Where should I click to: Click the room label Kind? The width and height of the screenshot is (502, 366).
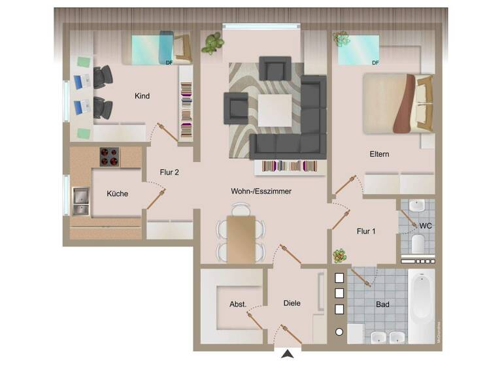pos(142,96)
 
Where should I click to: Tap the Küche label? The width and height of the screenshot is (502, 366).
pos(118,193)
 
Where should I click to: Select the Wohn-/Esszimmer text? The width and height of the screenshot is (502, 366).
pos(261,191)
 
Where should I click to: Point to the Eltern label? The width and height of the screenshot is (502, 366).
pos(379,154)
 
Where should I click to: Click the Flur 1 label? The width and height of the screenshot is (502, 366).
pos(367,231)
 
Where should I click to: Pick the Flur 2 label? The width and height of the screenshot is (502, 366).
pos(169,173)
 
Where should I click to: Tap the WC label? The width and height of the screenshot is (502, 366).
pos(425,225)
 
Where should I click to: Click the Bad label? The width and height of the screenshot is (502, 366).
pos(382,305)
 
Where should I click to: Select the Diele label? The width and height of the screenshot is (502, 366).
pos(292,303)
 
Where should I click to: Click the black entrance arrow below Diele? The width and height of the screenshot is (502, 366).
pos(286,354)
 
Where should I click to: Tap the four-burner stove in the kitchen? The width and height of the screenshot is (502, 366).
pos(110,157)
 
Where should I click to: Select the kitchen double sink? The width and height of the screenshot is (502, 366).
pos(81,201)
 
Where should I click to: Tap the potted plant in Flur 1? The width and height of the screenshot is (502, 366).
pos(339,255)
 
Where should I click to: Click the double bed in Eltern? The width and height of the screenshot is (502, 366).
pos(391,103)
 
